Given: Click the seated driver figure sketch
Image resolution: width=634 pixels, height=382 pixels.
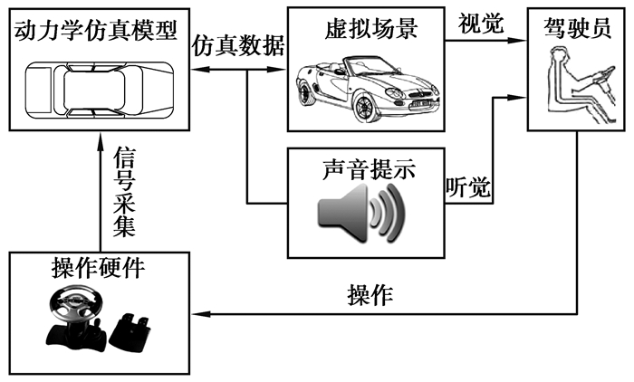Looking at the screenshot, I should pyautogui.click(x=576, y=86).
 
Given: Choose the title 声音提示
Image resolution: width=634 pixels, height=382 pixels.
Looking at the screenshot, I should pyautogui.click(x=367, y=168).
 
